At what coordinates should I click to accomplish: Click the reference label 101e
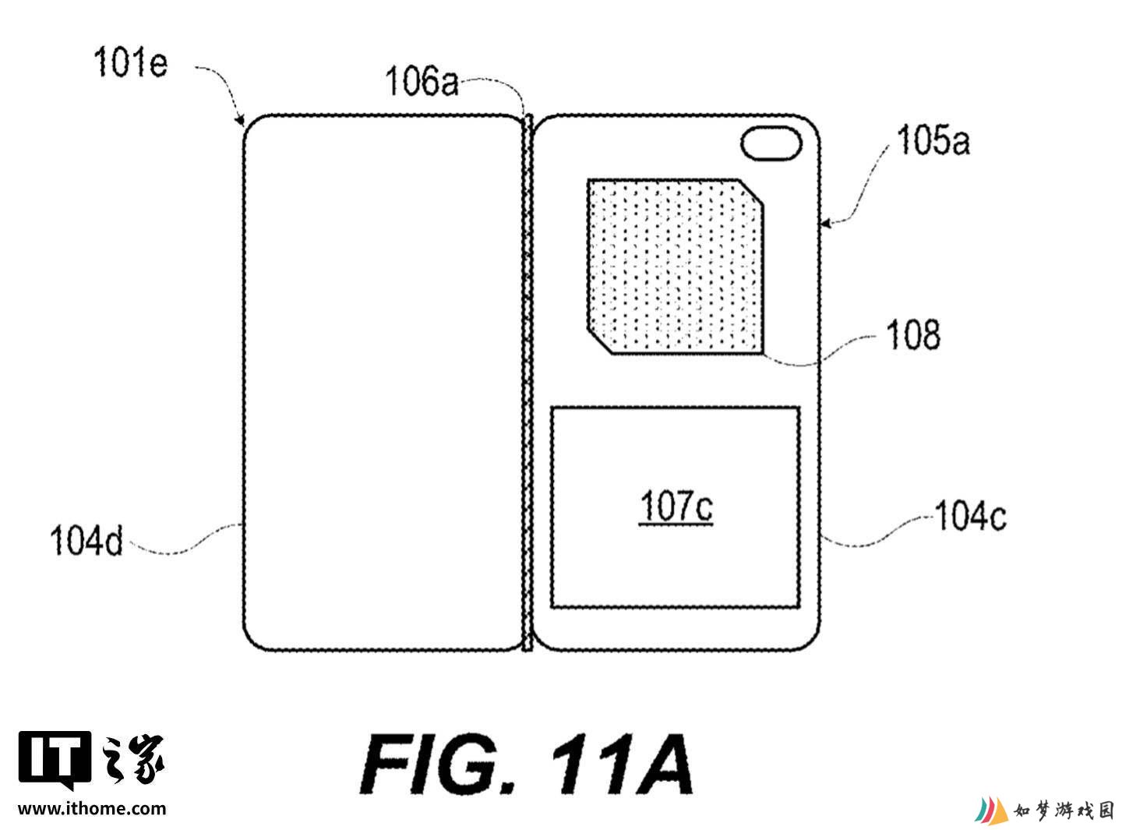130,62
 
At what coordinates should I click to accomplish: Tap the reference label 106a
422,81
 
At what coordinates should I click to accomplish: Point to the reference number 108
913,334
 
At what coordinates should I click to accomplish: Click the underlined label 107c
676,507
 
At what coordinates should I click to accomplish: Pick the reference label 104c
970,516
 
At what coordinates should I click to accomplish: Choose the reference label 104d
86,541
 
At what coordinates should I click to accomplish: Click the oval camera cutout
771,143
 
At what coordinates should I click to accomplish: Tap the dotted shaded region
676,267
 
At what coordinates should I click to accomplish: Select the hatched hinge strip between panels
527,383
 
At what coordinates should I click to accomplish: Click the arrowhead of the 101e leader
241,122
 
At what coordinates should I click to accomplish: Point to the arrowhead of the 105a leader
824,223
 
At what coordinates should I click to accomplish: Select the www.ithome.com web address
92,808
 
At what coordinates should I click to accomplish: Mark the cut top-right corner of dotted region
750,192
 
